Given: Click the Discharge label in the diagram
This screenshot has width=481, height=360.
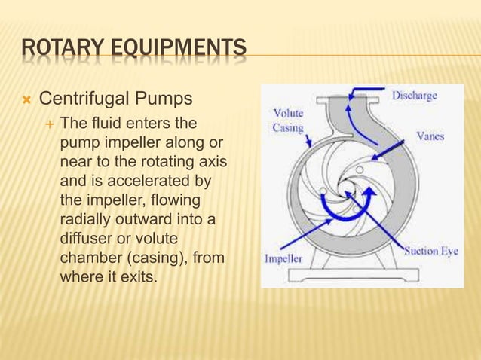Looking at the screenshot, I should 414,96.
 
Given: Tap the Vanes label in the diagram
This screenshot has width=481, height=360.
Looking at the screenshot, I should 430,137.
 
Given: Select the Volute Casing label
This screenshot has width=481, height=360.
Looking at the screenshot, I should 289,121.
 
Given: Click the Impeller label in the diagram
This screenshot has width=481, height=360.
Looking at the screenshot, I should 283,258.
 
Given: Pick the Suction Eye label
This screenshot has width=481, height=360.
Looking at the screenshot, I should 429,251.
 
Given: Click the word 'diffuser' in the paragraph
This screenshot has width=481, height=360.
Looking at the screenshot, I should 84,238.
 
